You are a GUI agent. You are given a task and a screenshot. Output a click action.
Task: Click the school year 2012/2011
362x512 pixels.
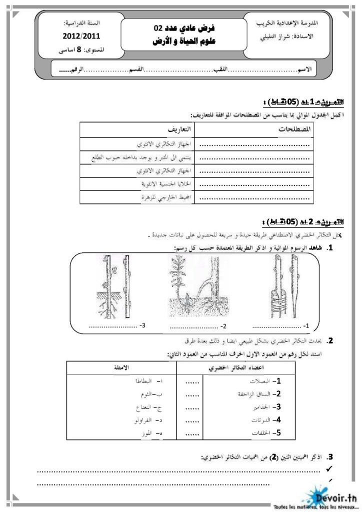[81, 36]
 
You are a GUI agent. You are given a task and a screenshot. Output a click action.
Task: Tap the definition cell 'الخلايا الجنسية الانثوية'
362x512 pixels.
[160, 184]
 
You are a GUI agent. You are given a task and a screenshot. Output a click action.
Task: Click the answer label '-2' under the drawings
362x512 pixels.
[223, 326]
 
